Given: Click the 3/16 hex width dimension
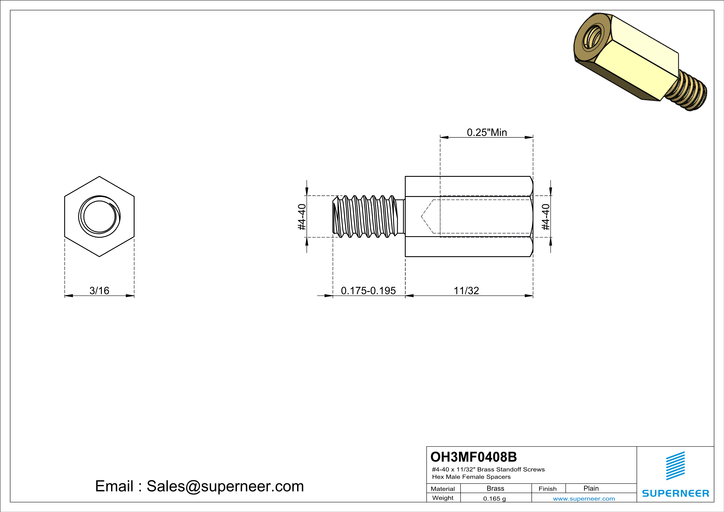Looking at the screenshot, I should (99, 290).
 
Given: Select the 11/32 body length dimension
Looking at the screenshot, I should (466, 290).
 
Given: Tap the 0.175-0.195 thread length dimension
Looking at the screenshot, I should (368, 290).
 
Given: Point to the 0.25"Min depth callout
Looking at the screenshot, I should (487, 132).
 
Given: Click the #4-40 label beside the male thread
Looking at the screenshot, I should (302, 217).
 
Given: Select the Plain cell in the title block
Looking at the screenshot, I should (591, 488).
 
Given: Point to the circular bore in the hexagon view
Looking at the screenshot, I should (99, 217).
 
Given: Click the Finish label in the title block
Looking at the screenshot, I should (547, 489).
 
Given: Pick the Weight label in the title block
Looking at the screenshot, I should (443, 498).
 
